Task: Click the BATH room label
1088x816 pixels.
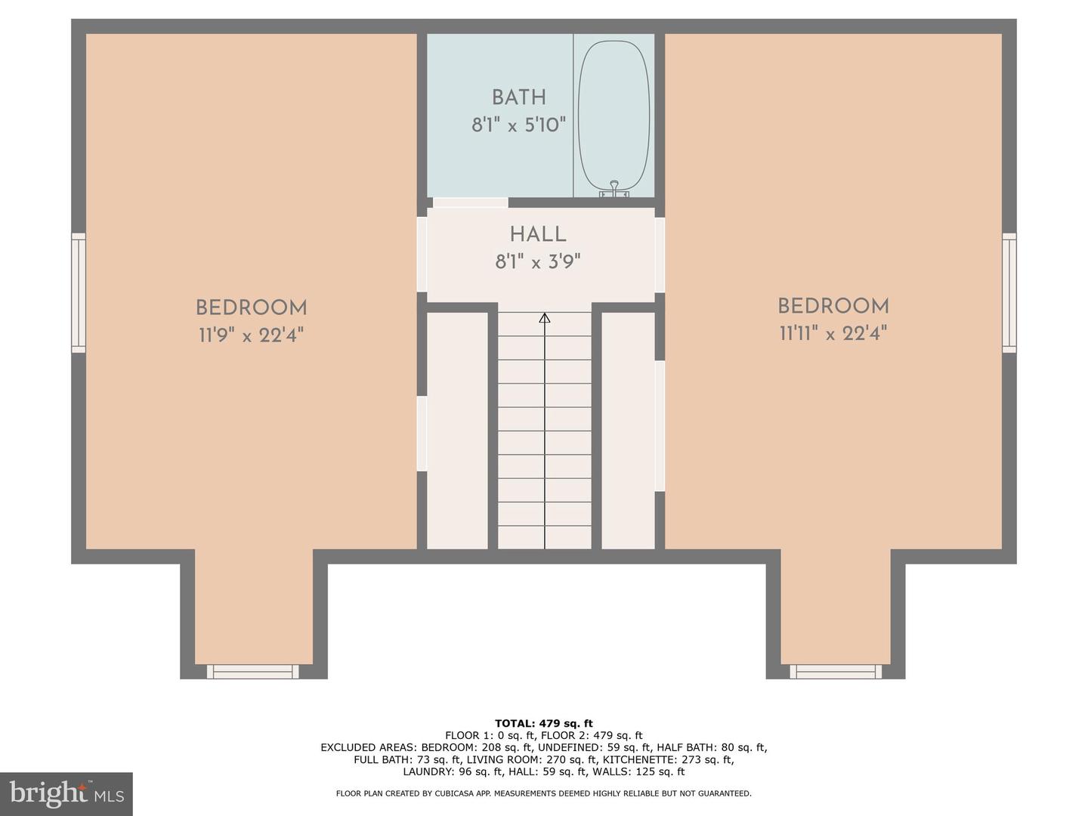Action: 518,97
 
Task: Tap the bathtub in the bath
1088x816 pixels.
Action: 614,113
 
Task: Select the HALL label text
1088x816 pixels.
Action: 537,234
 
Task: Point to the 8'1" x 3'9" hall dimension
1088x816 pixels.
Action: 537,262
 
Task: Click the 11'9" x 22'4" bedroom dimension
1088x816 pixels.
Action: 251,335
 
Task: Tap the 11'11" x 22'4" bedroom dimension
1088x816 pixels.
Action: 833,333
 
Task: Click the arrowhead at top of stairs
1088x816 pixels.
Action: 544,317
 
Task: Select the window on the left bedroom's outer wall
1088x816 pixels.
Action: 79,292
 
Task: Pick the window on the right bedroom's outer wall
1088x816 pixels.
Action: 1009,292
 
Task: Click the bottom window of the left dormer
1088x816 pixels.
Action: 252,671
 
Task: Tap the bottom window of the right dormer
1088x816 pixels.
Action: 836,671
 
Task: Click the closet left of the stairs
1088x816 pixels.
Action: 457,431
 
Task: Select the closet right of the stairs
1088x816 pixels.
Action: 628,431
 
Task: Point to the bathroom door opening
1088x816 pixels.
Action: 470,202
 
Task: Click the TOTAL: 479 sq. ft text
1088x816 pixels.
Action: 543,723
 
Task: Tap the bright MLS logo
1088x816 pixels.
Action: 66,793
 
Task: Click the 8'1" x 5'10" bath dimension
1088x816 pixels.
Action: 518,125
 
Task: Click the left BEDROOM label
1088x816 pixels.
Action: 251,308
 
